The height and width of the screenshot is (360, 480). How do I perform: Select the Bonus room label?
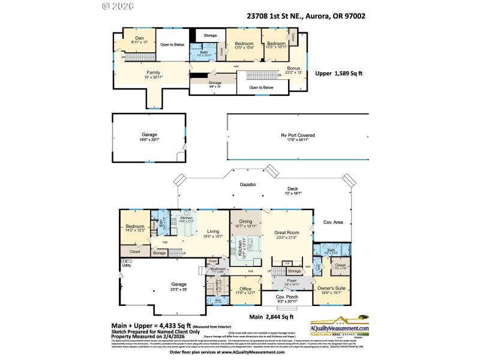click(x=293, y=68)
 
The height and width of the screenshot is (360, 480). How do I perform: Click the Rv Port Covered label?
click(x=298, y=136)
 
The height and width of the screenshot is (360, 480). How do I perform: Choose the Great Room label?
click(x=287, y=233)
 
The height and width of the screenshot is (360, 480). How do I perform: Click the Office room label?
click(x=245, y=289)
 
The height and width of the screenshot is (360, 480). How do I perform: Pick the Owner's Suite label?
click(x=332, y=289)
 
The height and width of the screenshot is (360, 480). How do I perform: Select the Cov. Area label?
click(x=333, y=223)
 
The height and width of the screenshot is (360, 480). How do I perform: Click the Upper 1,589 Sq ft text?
click(x=339, y=73)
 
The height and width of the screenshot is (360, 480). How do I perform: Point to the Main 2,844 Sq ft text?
click(x=271, y=316)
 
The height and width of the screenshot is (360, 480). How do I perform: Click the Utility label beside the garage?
click(x=127, y=265)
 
